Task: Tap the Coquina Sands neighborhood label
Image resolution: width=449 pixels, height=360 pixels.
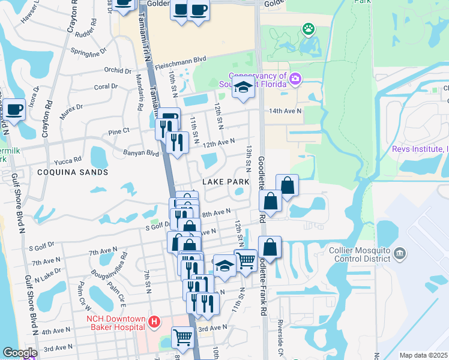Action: click(x=73, y=172)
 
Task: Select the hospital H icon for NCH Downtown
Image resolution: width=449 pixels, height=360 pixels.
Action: click(x=154, y=322)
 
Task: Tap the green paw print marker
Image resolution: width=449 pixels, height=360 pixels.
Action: click(x=309, y=28)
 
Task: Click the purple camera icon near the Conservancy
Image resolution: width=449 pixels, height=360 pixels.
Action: click(x=295, y=79)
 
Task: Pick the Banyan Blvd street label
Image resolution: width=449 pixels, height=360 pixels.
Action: click(x=141, y=153)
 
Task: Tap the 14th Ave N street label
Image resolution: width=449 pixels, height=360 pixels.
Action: click(x=285, y=111)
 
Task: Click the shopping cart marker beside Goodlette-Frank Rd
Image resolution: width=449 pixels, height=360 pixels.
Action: click(x=245, y=260)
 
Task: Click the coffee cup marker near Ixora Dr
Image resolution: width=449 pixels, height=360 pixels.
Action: click(x=14, y=110)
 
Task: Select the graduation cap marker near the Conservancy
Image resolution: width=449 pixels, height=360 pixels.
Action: click(x=243, y=86)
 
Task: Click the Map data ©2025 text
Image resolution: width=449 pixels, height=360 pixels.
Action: click(x=424, y=355)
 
